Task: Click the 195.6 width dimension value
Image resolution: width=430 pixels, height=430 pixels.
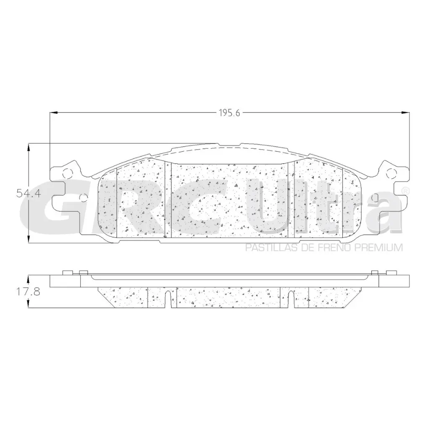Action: click(x=229, y=113)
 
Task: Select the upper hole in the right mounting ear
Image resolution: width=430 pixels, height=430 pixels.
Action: click(x=391, y=172)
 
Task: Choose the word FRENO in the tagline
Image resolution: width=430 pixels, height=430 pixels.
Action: click(x=336, y=248)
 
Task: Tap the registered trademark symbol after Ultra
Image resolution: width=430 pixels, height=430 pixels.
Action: click(x=405, y=191)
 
